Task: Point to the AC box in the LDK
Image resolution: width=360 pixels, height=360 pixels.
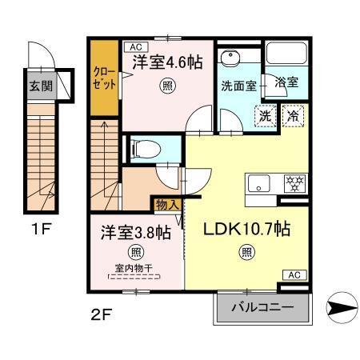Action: point(294,274)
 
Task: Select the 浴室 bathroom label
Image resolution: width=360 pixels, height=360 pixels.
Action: point(286,82)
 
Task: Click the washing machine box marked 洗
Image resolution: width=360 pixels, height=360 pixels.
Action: point(265,114)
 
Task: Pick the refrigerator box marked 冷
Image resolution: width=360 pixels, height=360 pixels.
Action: point(294,114)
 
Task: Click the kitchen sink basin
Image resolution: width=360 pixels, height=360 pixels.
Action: point(260,182)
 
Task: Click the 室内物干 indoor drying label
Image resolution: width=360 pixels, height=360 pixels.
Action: point(134,269)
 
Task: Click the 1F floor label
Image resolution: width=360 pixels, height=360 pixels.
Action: point(42,229)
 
